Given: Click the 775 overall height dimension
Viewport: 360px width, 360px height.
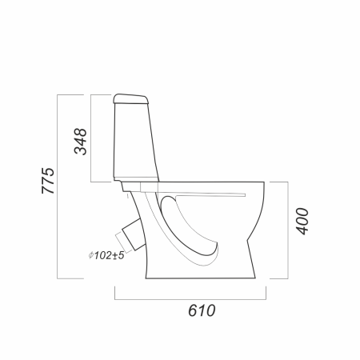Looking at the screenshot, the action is click(x=48, y=181).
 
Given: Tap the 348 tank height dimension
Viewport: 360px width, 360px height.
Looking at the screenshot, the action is click(x=80, y=142).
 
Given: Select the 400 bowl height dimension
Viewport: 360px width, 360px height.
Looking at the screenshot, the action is click(x=302, y=222).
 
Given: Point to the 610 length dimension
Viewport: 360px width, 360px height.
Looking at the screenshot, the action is click(x=202, y=310).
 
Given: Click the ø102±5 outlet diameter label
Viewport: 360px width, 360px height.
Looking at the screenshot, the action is click(x=106, y=255).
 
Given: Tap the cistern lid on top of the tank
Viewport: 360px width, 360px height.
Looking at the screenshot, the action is click(x=130, y=98).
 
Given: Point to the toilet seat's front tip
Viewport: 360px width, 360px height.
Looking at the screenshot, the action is click(x=245, y=195).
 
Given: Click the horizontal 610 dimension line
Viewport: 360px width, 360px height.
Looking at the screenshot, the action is click(x=190, y=299).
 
